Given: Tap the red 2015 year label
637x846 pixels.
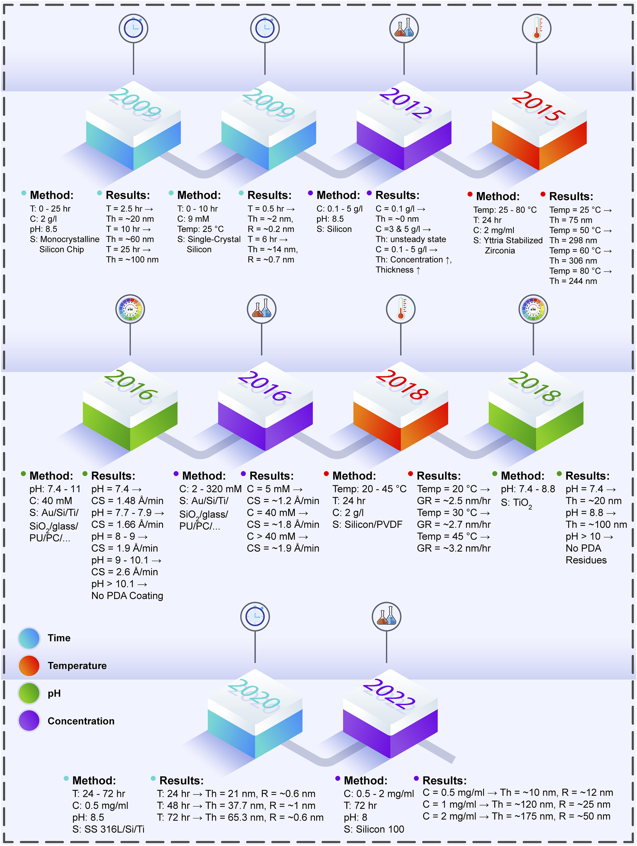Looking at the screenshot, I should (x=538, y=106).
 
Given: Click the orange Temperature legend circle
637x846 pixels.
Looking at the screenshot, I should (x=29, y=665).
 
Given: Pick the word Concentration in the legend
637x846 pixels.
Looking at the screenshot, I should (x=81, y=721).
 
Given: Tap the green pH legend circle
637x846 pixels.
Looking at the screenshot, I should (x=29, y=693).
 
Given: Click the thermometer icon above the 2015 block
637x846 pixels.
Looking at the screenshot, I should (x=536, y=28).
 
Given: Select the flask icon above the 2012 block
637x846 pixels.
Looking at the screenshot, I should (x=404, y=28).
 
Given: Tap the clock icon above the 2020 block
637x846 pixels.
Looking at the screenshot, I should (x=255, y=617).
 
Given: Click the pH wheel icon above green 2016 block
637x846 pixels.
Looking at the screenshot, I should (x=130, y=309).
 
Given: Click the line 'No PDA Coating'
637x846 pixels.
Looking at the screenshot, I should (x=127, y=596).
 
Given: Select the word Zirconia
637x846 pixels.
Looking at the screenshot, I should (x=500, y=250).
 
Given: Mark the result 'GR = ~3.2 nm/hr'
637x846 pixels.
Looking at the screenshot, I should (x=454, y=548).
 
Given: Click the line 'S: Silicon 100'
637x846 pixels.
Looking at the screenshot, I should (x=374, y=829).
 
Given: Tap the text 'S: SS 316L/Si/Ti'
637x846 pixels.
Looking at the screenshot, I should (x=108, y=829).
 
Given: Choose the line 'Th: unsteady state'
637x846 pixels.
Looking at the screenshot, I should (x=411, y=240).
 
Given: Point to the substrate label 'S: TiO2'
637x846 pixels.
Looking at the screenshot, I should (x=516, y=503).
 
